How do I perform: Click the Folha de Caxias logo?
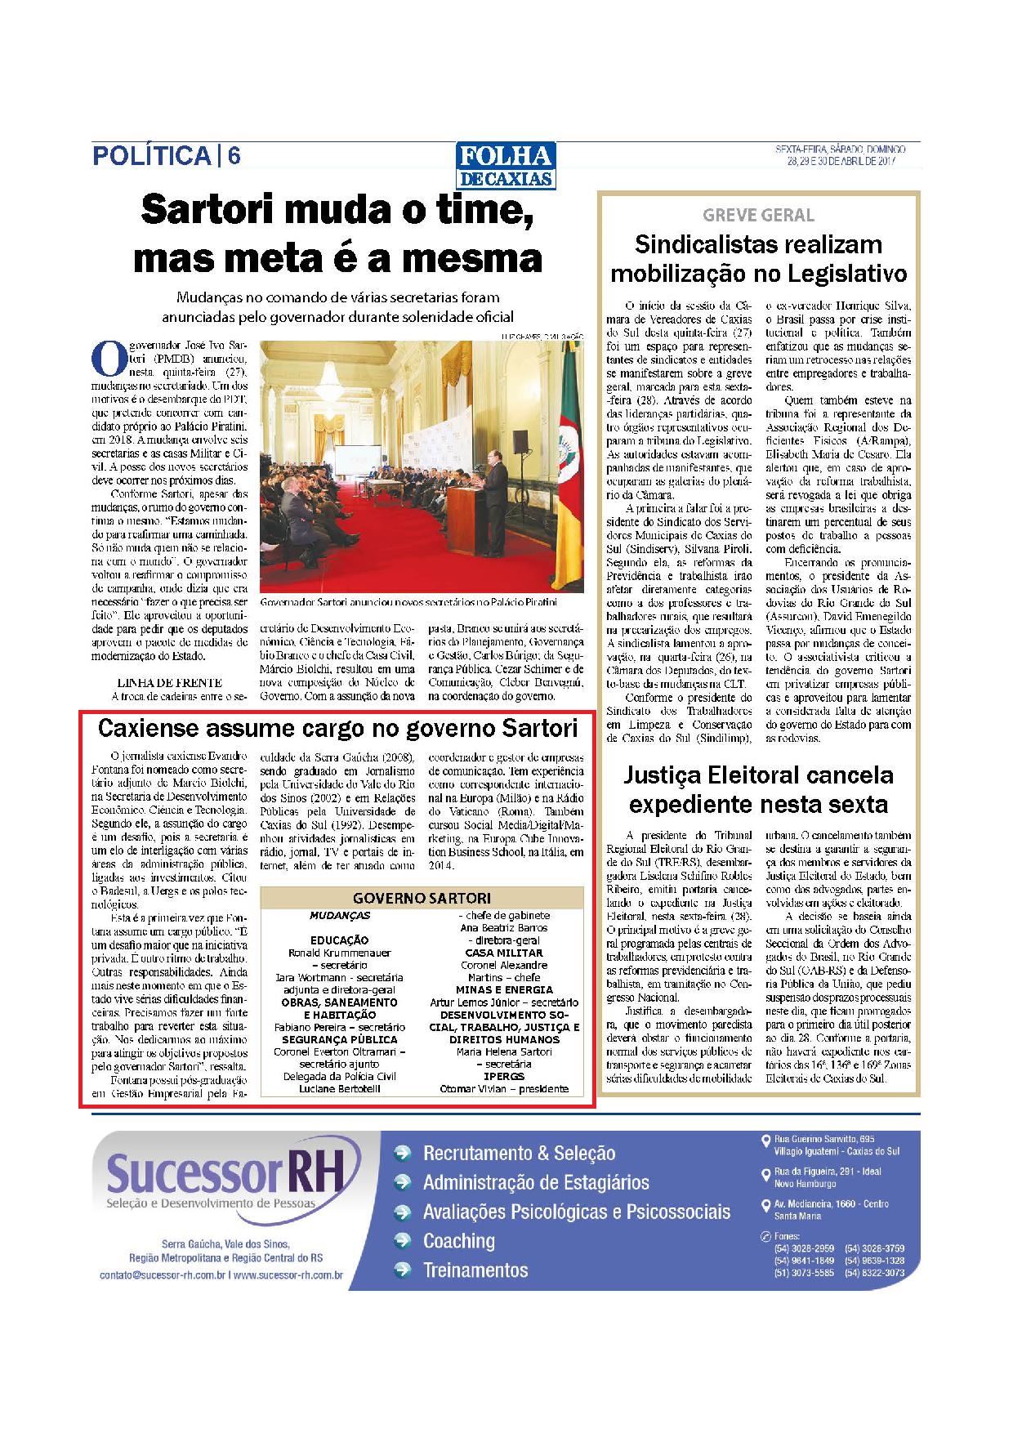click(506, 167)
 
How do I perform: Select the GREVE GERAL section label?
click(758, 216)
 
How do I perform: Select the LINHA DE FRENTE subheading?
click(170, 682)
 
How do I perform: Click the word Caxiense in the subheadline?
click(149, 727)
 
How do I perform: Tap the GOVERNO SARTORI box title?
click(422, 898)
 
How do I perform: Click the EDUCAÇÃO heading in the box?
click(339, 940)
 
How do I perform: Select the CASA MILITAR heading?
click(503, 953)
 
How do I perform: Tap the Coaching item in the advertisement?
click(458, 1241)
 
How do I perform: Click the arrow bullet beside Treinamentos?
click(402, 1270)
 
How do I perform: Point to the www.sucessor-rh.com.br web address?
click(288, 1275)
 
